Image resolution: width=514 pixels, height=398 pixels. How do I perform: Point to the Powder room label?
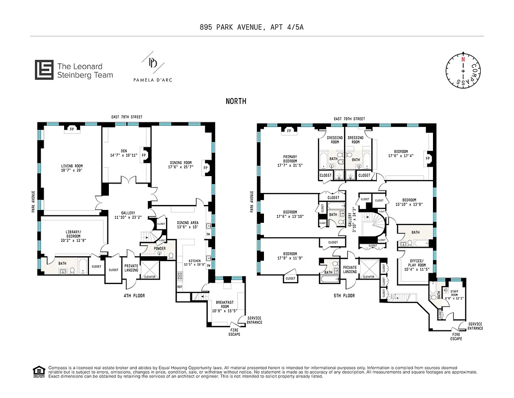click(x=160, y=248)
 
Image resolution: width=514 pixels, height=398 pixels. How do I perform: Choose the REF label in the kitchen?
click(x=179, y=287)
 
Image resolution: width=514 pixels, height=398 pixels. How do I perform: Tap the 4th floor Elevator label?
click(x=149, y=277)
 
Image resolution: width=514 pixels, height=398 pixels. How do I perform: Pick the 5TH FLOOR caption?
click(x=344, y=296)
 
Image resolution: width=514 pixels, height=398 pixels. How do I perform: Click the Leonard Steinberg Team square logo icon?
click(x=44, y=70)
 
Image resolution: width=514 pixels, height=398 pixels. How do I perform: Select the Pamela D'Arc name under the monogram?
click(x=153, y=80)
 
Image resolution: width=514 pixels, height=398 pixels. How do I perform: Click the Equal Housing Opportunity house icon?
click(x=38, y=371)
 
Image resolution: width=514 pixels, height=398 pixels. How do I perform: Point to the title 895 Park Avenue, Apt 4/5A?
click(x=257, y=27)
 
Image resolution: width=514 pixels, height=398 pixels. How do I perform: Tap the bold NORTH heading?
click(x=236, y=101)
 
